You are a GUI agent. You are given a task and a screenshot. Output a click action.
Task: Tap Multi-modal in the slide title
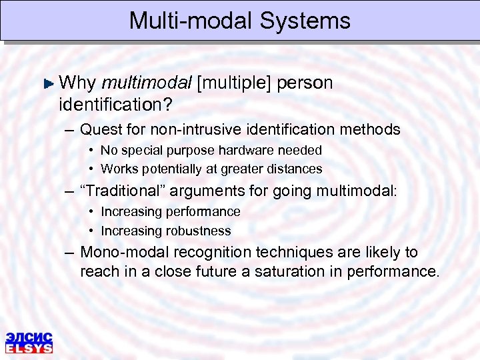(x=191, y=21)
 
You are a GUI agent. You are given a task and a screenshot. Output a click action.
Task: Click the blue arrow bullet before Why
(x=47, y=84)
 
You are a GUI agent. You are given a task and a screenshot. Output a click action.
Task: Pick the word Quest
(x=98, y=129)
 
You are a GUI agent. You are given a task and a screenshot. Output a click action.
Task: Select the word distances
(x=293, y=169)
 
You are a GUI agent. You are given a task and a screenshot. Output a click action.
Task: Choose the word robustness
(x=198, y=231)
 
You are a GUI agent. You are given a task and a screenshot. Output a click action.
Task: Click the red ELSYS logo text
(x=29, y=348)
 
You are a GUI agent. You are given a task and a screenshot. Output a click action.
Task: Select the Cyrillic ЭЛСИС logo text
(x=29, y=337)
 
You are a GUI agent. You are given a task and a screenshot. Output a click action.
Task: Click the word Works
(x=119, y=169)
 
